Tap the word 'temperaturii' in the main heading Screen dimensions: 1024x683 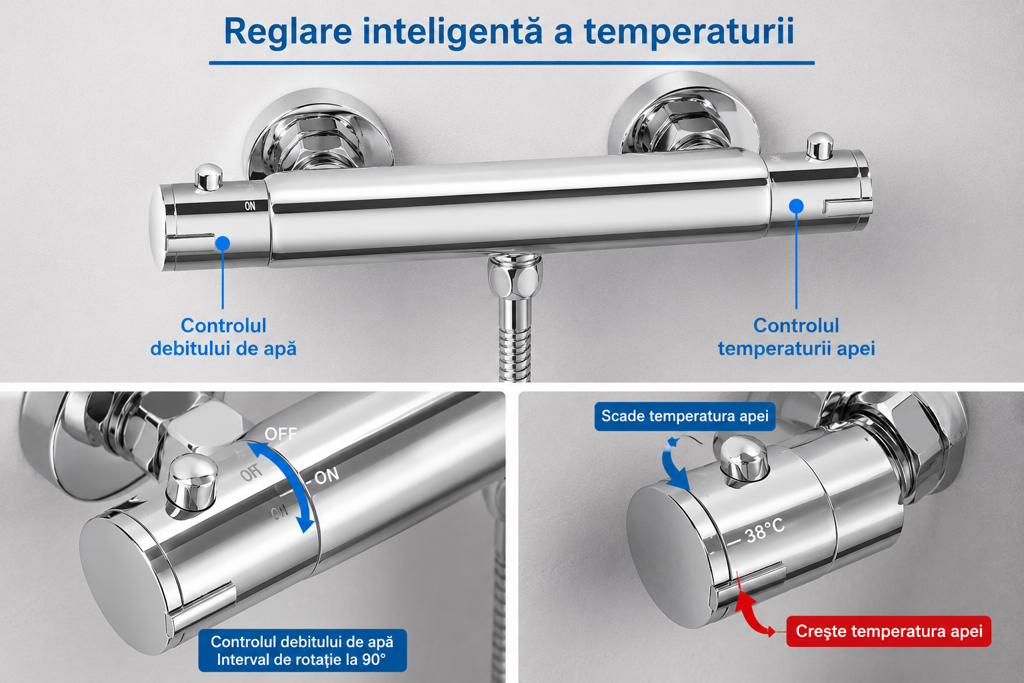point(689,31)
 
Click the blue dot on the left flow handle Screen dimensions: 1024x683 point(223,243)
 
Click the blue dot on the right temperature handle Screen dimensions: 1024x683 point(796,206)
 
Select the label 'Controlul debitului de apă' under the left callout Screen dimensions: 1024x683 point(223,337)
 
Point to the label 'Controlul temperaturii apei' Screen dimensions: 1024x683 point(797,337)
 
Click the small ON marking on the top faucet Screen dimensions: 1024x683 point(250,206)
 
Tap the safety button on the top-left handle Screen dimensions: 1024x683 point(209,177)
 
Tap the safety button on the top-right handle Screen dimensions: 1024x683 point(819,146)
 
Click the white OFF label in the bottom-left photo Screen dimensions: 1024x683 point(281,434)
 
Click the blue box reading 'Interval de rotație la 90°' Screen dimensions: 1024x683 point(302,650)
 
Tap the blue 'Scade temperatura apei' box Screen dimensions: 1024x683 point(685,416)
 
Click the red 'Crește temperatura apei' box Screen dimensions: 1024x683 point(889,631)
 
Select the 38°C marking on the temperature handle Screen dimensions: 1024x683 point(765,531)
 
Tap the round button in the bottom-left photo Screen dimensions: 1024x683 point(191,487)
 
